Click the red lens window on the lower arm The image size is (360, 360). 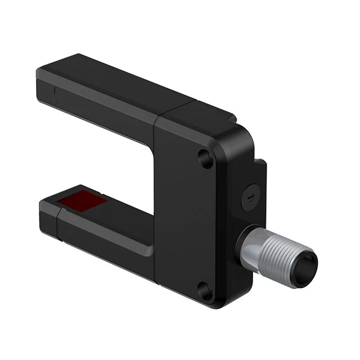coord(88,199)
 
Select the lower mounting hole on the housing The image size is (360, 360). coord(206,291)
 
